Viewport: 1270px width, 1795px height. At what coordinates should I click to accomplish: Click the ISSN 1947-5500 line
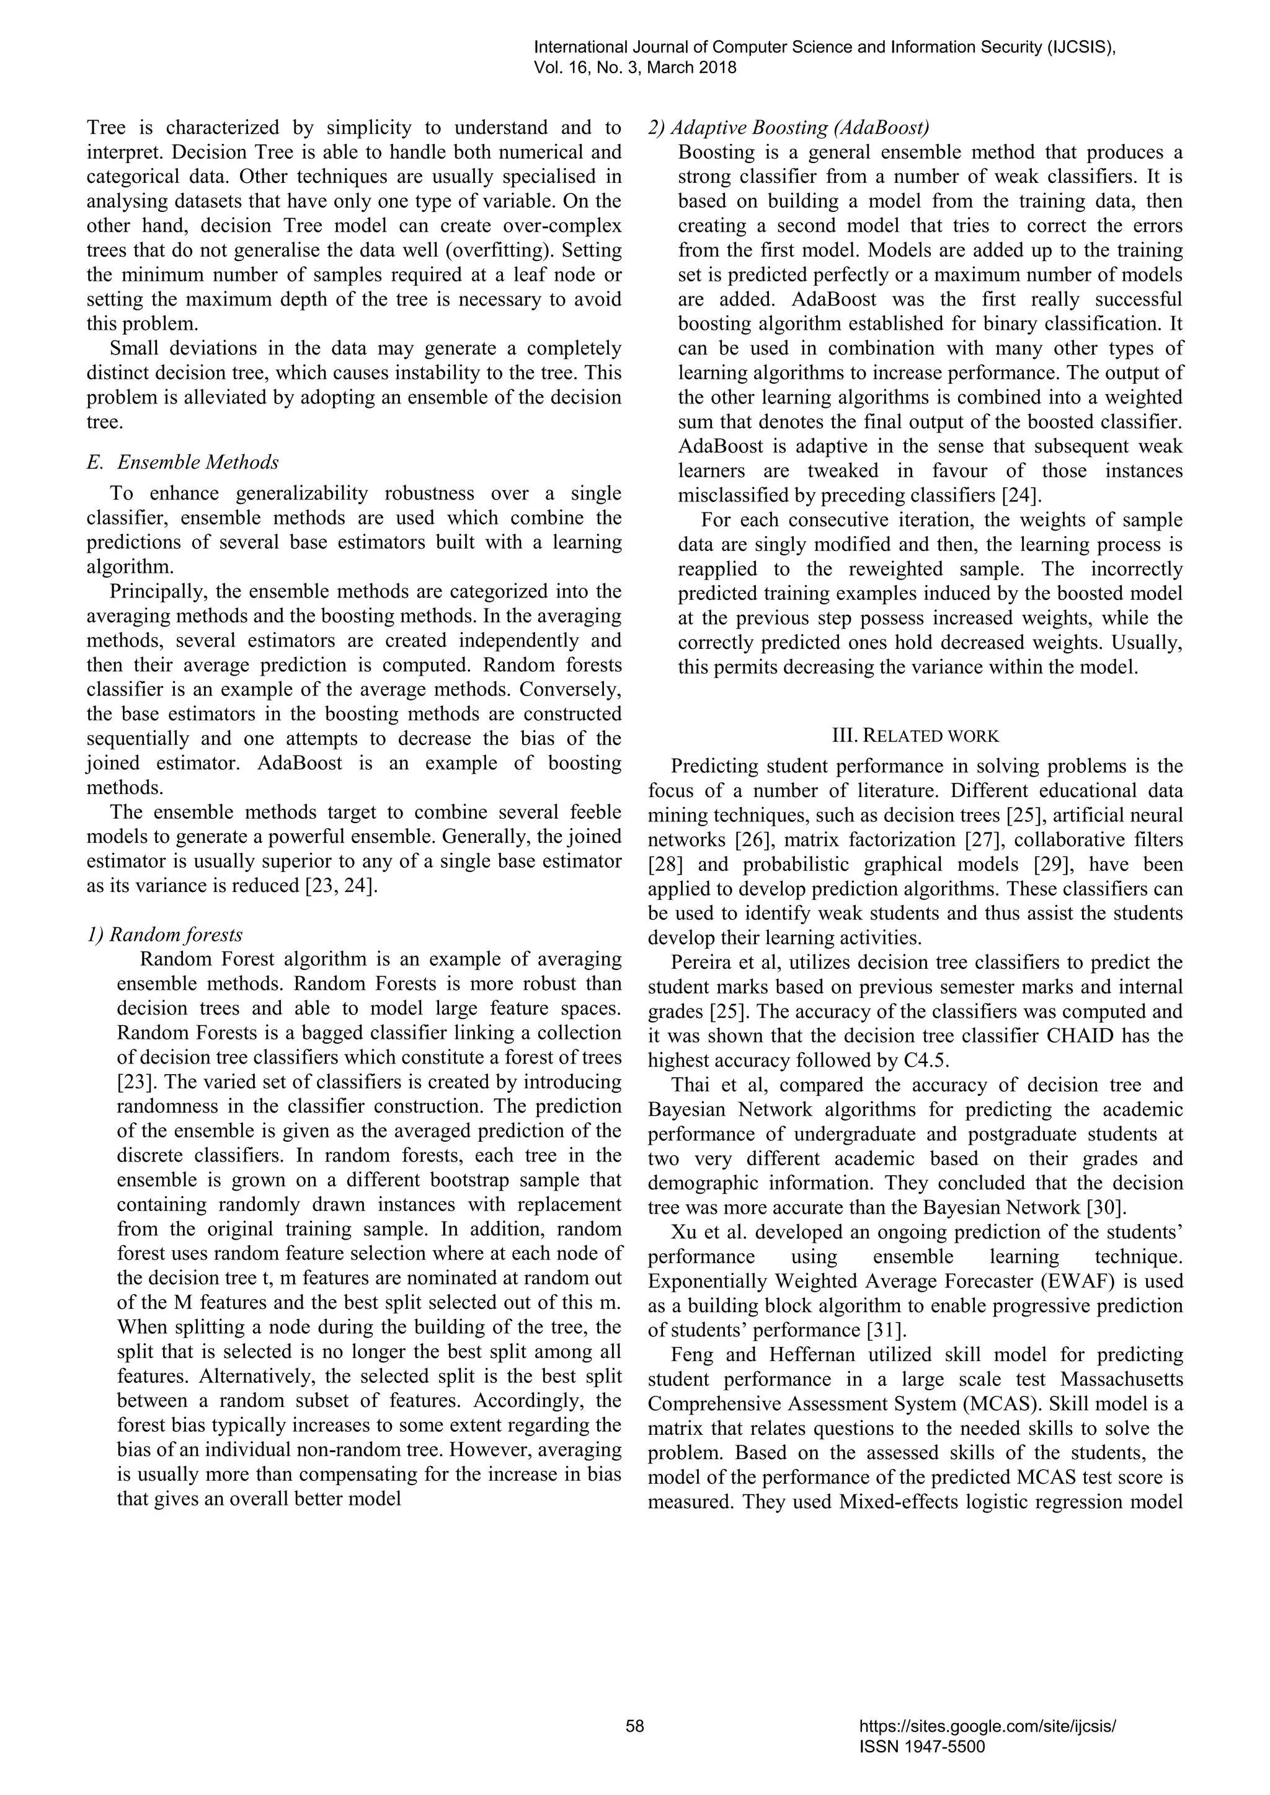pyautogui.click(x=921, y=1747)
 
